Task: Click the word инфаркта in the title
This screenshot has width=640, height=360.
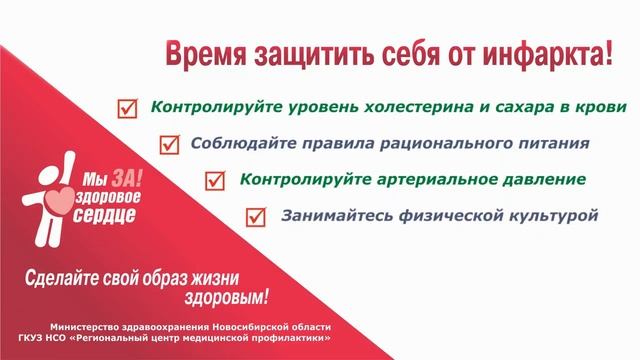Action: [558, 53]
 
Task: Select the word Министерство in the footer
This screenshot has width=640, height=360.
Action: [95, 328]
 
